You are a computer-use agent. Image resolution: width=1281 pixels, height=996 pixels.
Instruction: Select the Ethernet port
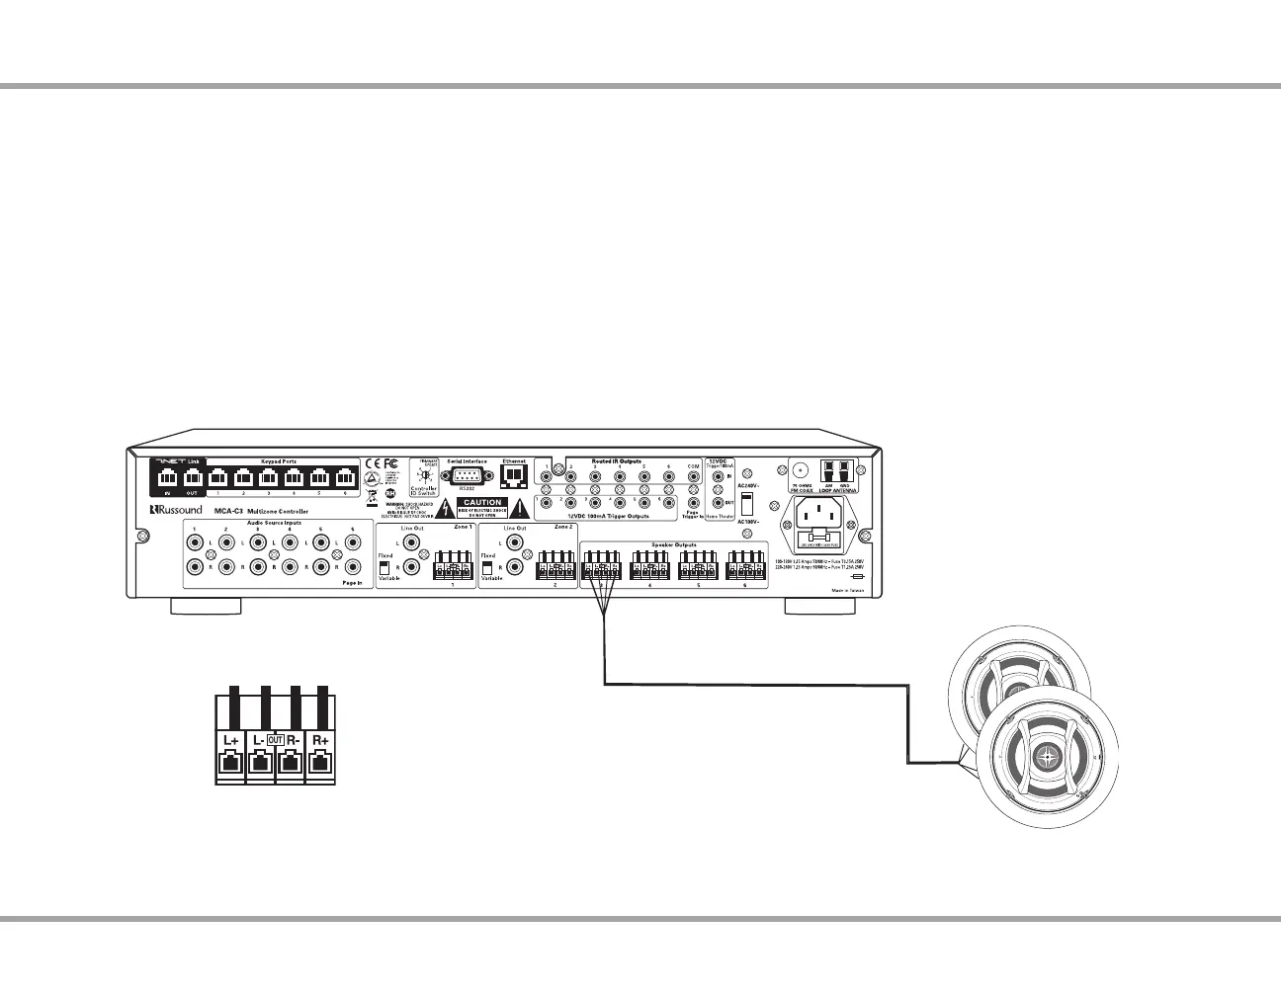(x=514, y=476)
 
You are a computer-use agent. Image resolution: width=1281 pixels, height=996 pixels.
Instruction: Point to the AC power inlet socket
(x=823, y=513)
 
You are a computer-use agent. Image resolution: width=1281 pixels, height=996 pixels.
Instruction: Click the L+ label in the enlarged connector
(x=230, y=739)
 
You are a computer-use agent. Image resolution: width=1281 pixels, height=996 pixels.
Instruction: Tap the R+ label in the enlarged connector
(x=320, y=739)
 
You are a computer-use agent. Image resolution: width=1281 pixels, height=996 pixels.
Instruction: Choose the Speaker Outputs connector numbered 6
(x=745, y=567)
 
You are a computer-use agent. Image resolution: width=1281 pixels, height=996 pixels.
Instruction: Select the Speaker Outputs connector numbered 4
(x=649, y=567)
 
